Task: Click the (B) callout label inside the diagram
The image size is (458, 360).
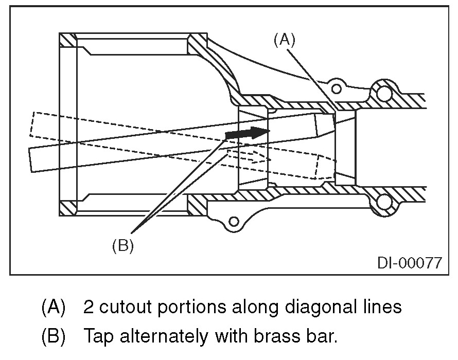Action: [122, 246]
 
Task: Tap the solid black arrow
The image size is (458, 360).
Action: [248, 133]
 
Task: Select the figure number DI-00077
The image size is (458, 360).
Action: [409, 263]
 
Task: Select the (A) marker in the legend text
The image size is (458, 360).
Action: [53, 307]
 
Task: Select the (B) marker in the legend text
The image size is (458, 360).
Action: [53, 338]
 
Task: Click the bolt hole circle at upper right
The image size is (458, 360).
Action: [384, 93]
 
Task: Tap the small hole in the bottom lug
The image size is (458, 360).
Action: [235, 222]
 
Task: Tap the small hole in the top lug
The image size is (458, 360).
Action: [337, 88]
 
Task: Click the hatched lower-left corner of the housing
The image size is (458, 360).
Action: [67, 208]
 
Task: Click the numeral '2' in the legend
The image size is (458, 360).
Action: [88, 307]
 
